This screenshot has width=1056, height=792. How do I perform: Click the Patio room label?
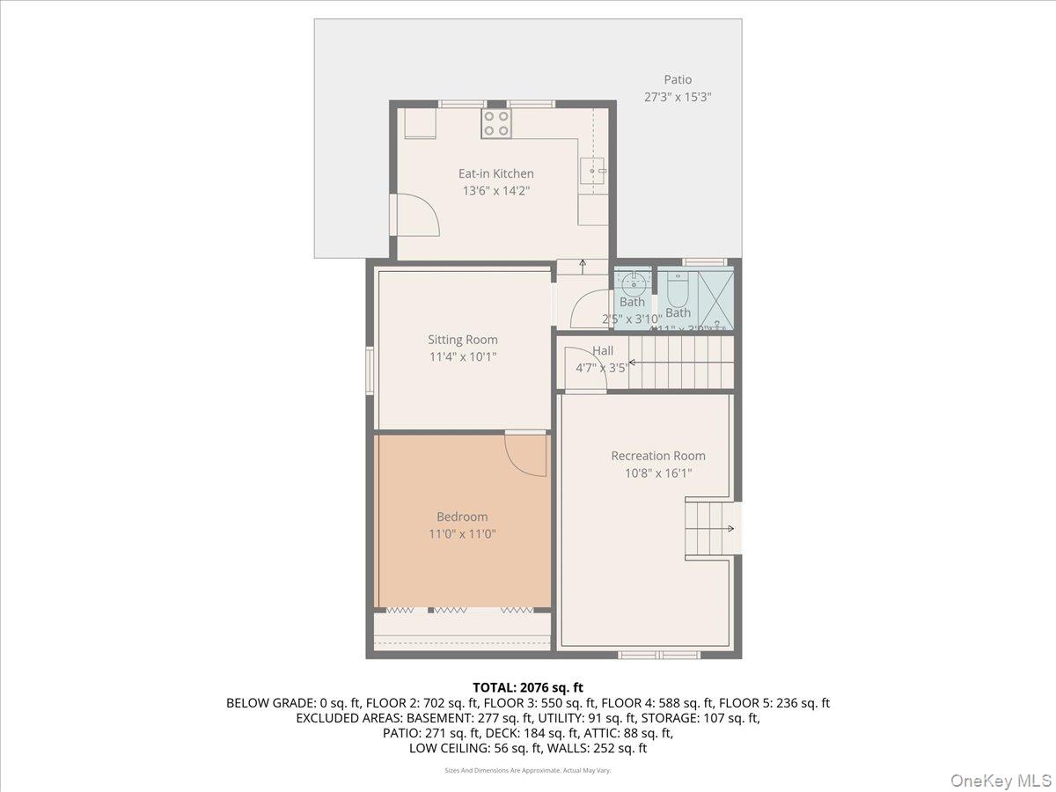click(677, 80)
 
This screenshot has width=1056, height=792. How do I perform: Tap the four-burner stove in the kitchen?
click(496, 123)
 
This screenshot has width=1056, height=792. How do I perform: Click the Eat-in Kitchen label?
click(495, 173)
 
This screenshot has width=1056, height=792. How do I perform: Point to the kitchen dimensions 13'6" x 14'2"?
click(495, 190)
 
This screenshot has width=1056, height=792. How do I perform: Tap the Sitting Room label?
click(462, 340)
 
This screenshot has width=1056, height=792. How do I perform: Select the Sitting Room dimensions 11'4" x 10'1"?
click(462, 356)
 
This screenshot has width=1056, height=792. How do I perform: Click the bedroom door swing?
click(524, 453)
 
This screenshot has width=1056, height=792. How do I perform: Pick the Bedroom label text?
click(462, 517)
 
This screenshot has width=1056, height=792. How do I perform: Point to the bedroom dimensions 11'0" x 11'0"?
click(462, 533)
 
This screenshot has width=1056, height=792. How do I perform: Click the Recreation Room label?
click(658, 456)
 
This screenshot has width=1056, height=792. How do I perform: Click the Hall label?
click(603, 351)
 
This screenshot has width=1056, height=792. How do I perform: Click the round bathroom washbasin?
click(633, 284)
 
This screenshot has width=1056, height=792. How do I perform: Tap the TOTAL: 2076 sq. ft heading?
click(528, 687)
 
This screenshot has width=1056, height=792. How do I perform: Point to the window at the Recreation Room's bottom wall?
click(658, 654)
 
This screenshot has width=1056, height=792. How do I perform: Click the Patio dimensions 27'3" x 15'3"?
click(677, 98)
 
